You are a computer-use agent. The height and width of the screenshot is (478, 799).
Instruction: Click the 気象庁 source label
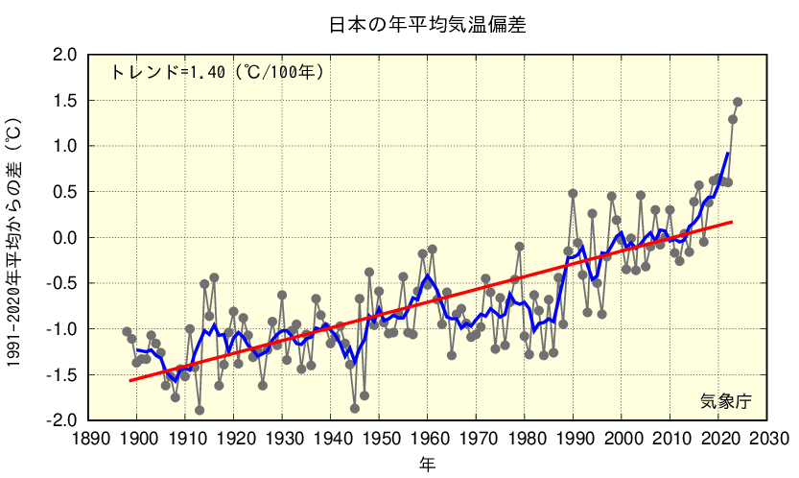click(724, 400)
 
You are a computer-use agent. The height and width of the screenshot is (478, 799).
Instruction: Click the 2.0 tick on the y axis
click(65, 55)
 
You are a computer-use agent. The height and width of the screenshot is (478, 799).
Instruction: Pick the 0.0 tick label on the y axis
click(65, 237)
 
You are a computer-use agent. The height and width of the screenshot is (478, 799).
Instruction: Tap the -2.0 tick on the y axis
click(62, 419)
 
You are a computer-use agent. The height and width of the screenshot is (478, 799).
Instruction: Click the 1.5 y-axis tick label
click(65, 101)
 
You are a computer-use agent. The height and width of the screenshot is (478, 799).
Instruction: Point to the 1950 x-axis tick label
click(380, 438)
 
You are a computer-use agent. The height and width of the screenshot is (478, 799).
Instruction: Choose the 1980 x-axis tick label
click(526, 438)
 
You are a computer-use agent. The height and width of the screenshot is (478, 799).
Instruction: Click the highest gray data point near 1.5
click(738, 102)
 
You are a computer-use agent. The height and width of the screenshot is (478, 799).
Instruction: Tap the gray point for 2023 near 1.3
click(733, 119)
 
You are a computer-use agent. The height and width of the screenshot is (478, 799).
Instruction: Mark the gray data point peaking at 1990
click(573, 193)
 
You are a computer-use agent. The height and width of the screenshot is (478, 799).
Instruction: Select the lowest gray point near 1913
click(200, 410)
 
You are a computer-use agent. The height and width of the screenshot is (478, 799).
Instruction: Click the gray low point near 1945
click(355, 408)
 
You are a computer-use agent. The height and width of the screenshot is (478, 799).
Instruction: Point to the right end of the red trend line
click(733, 222)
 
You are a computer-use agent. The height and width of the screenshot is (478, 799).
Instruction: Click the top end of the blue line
click(728, 154)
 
